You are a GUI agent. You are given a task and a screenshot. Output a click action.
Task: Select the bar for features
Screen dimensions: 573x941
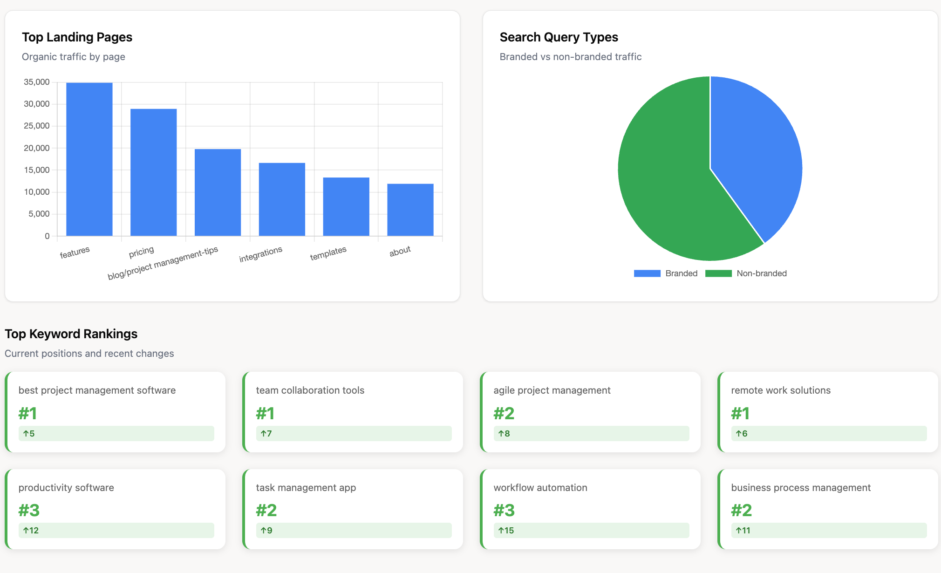[89, 159]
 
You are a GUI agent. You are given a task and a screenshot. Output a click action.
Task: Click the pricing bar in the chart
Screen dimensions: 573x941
[153, 172]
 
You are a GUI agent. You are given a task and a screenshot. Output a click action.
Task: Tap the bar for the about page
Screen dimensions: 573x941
[410, 210]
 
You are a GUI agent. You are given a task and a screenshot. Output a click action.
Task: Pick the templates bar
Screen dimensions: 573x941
[346, 206]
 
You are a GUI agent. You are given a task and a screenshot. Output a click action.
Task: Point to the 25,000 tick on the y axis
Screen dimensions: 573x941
[37, 126]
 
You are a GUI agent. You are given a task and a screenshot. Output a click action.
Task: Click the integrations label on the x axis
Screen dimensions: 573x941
[260, 254]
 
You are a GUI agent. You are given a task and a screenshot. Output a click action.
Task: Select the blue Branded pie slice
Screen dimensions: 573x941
[755, 149]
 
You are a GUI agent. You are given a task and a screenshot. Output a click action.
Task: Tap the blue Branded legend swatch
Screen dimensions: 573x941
[647, 273]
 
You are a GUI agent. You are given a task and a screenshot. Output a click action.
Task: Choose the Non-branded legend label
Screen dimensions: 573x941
[762, 273]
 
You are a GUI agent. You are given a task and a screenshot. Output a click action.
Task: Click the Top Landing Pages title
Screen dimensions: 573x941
[77, 37]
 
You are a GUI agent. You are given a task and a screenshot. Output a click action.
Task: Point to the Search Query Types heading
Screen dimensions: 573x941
[559, 37]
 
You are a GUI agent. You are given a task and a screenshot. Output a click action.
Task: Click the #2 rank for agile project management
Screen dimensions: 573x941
[504, 413]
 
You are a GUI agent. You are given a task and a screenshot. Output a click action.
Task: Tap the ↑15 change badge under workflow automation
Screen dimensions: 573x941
[506, 530]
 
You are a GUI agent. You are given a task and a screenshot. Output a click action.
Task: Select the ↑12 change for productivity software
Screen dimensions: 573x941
[31, 530]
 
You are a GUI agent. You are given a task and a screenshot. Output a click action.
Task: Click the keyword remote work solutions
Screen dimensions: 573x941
[781, 390]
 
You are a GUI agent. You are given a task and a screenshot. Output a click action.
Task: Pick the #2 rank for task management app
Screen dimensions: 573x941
[266, 511]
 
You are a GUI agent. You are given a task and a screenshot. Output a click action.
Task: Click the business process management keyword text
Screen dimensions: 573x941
[801, 488]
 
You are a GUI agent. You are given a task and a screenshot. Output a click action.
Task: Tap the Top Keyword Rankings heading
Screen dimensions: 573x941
[71, 334]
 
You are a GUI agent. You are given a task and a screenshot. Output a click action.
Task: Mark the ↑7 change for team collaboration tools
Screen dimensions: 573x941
[266, 433]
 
